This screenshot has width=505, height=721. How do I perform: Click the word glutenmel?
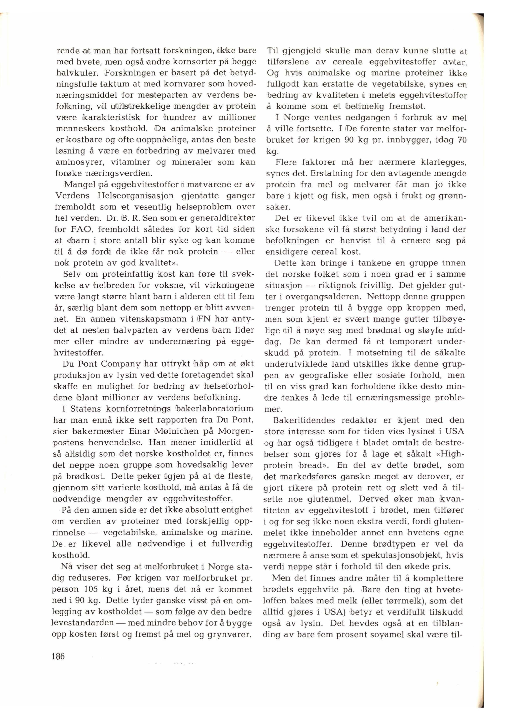pyautogui.click(x=326, y=499)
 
